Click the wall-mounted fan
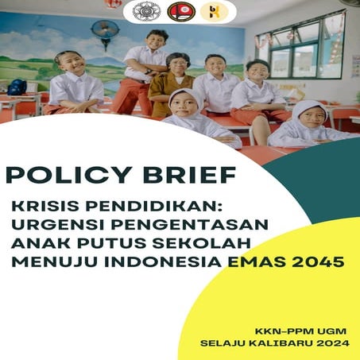[105, 33]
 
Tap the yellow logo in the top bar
[213, 11]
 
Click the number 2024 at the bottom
[332, 344]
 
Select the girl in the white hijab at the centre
[185, 107]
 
